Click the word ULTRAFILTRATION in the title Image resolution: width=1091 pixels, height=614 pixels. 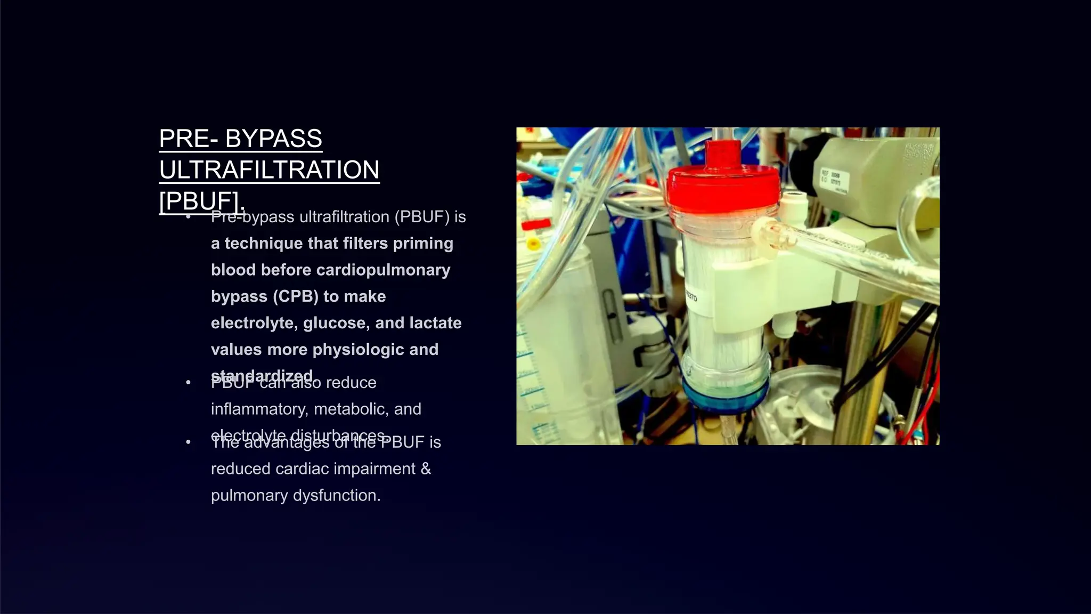pyautogui.click(x=269, y=170)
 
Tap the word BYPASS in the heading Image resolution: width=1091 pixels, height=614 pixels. pyautogui.click(x=273, y=139)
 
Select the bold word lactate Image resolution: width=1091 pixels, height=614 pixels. pyautogui.click(x=435, y=323)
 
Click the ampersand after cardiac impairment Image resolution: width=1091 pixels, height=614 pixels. pyautogui.click(x=425, y=469)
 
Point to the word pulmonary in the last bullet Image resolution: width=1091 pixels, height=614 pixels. pyautogui.click(x=249, y=496)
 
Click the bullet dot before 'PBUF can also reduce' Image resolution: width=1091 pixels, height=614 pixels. pyautogui.click(x=188, y=383)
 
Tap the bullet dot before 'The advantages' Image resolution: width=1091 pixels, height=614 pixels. pyautogui.click(x=188, y=442)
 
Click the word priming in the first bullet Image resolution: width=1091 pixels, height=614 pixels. pyautogui.click(x=423, y=244)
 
